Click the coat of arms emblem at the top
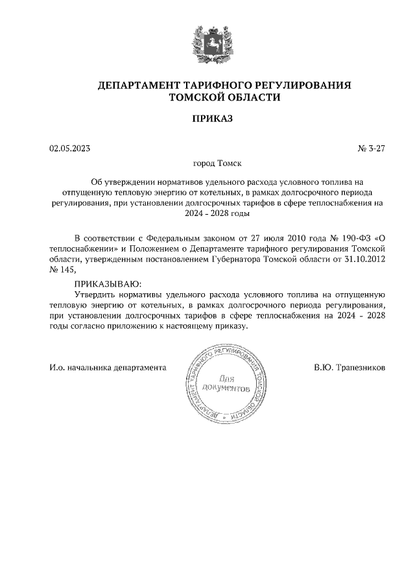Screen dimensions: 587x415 coord(207,45)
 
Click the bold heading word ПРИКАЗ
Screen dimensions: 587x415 coord(207,119)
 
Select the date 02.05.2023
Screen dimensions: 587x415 coord(69,149)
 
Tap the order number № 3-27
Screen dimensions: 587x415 coord(371,149)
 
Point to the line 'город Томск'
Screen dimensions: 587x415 coord(207,165)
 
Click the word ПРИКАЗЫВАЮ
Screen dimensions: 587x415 coord(106,283)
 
